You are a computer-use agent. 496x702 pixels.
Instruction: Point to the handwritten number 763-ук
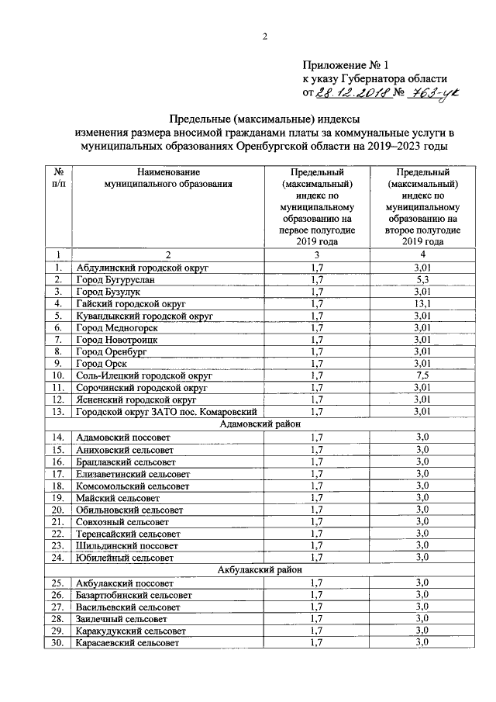pyautogui.click(x=434, y=92)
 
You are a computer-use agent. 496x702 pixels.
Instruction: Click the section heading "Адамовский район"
pyautogui.click(x=255, y=424)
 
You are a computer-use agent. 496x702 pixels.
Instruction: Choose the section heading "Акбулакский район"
pyautogui.click(x=255, y=569)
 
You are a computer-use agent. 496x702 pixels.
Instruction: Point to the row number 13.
pyautogui.click(x=57, y=411)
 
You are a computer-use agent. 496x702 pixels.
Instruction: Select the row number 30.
pyautogui.click(x=57, y=643)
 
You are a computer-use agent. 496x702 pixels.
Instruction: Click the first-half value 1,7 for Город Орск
pyautogui.click(x=316, y=362)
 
